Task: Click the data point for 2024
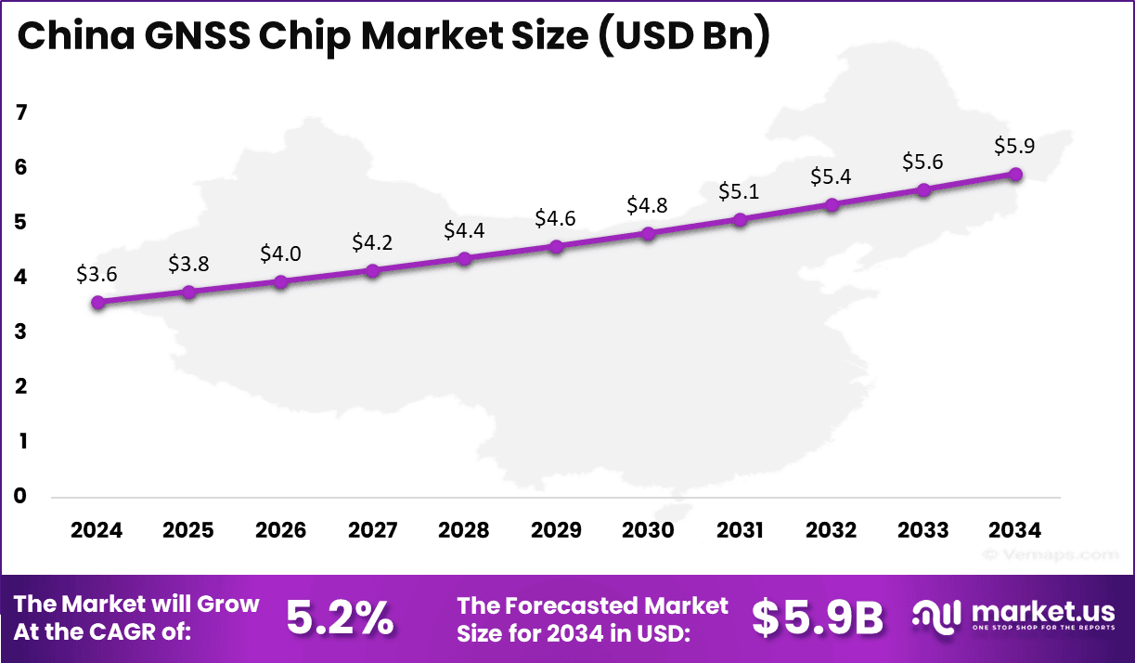click(97, 302)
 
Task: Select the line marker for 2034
click(1015, 175)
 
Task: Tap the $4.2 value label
click(372, 242)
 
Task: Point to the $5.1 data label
click(740, 191)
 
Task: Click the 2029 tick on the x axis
click(556, 530)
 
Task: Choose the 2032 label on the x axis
click(831, 530)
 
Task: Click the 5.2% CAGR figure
click(340, 618)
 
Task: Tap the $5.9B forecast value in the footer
click(817, 618)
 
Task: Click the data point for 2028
click(464, 258)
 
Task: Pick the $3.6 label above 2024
click(97, 274)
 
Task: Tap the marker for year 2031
click(740, 220)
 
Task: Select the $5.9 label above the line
click(1015, 146)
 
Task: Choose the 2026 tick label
click(280, 530)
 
